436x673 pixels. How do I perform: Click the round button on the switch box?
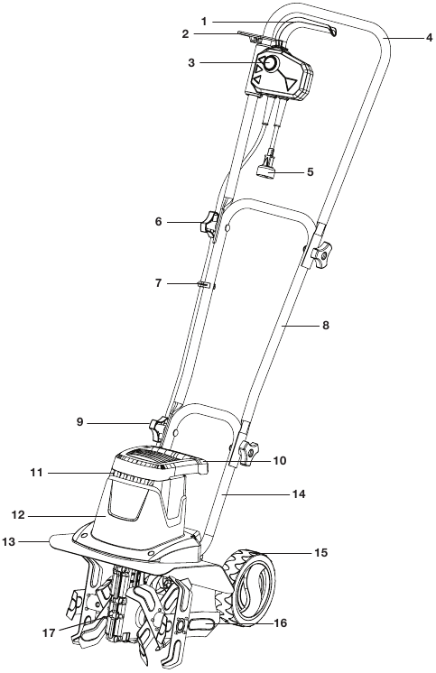[x=269, y=63]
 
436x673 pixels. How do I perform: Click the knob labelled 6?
[x=209, y=223]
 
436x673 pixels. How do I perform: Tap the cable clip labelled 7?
[x=206, y=285]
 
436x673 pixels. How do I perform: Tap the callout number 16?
[x=283, y=622]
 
